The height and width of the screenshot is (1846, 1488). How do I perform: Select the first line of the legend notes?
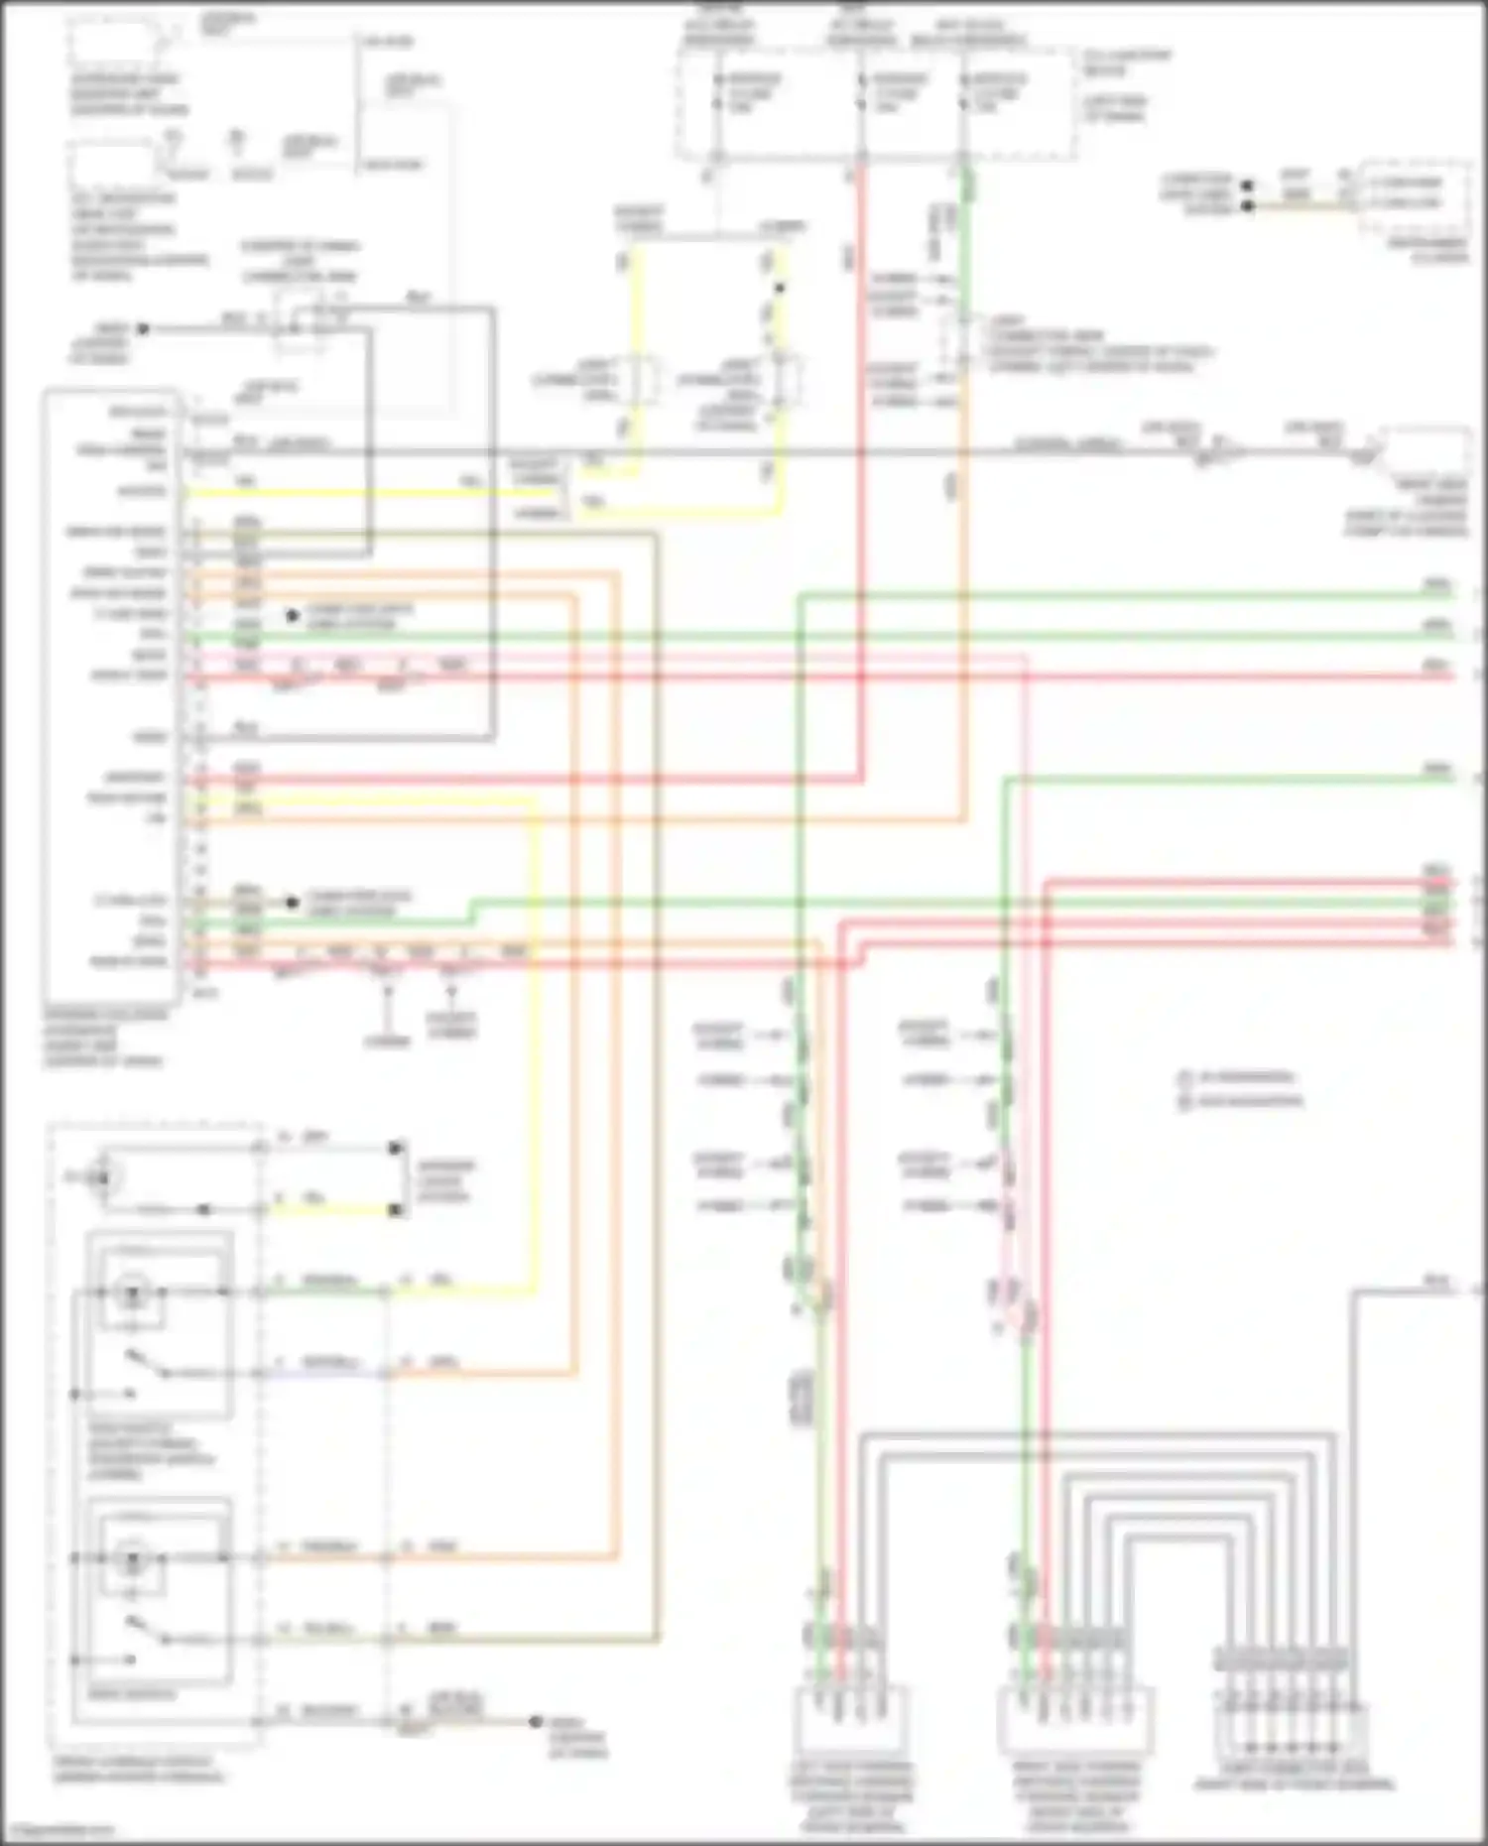[1240, 1077]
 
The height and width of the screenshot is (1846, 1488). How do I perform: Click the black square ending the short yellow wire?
[396, 1210]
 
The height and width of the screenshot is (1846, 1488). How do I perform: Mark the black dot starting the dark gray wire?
[143, 328]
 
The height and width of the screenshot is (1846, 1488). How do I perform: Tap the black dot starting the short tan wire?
[1249, 206]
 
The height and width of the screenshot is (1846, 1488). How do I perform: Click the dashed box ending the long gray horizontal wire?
[1425, 454]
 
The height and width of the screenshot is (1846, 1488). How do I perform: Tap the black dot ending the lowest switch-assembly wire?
[535, 1721]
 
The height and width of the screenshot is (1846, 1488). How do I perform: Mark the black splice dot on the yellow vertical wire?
[780, 289]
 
